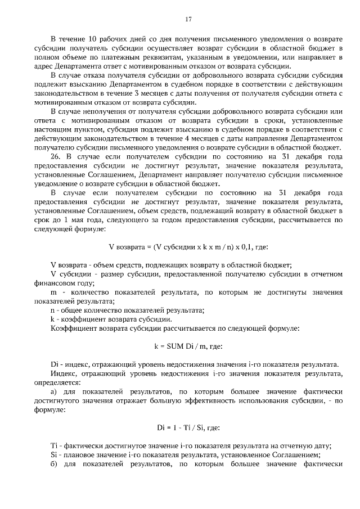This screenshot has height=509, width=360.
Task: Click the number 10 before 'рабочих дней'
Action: pos(92,39)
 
